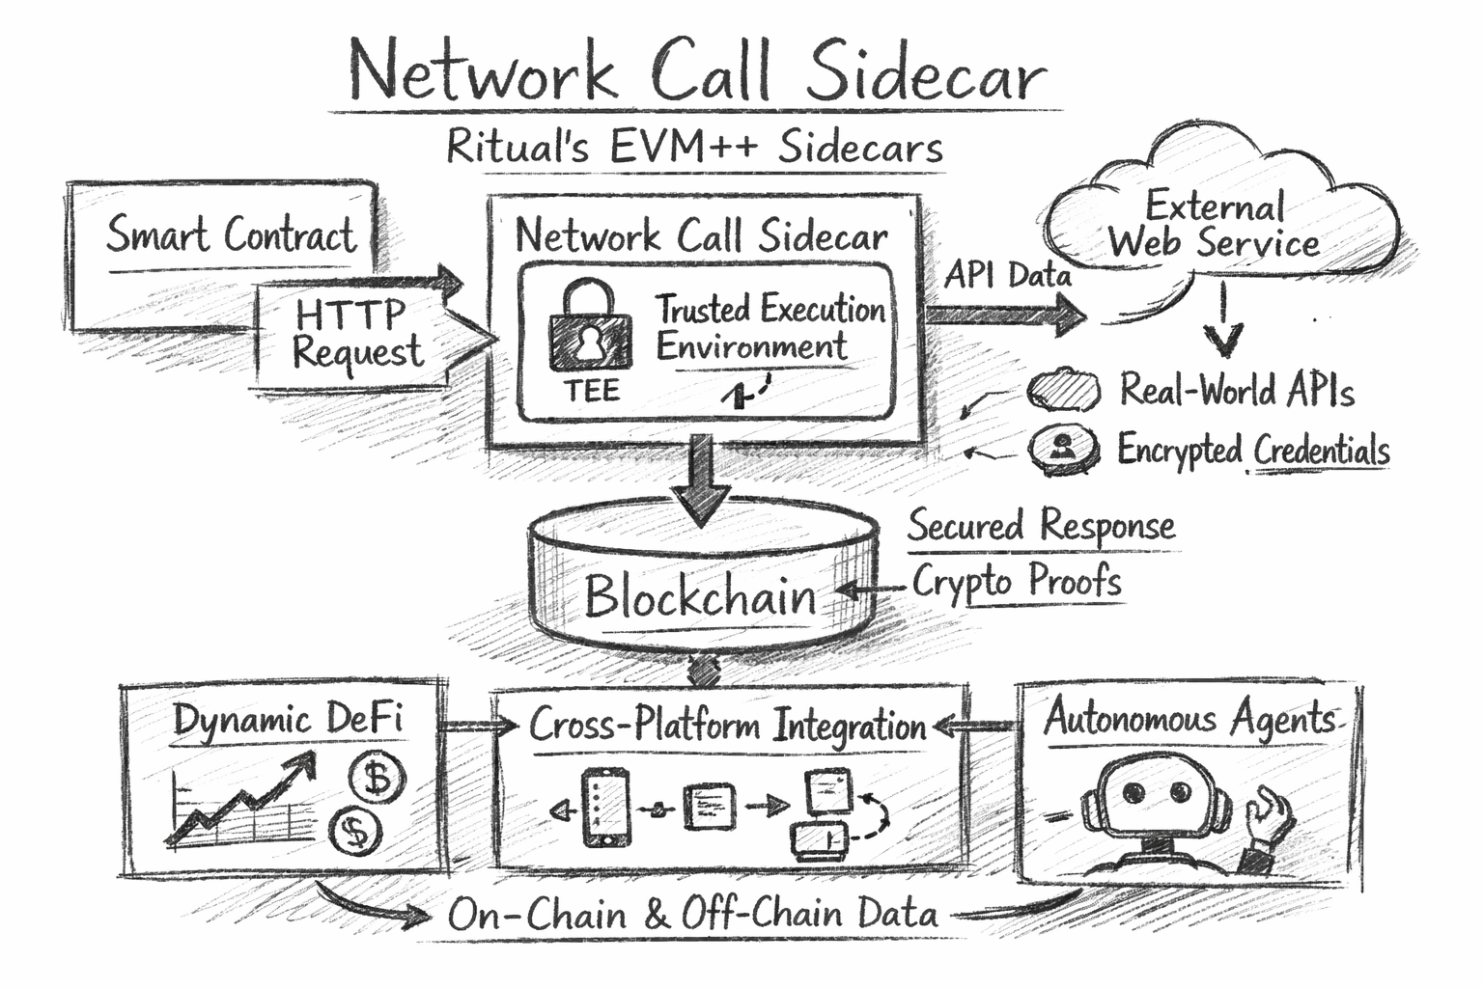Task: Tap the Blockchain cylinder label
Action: tap(700, 595)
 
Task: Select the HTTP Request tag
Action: tap(357, 333)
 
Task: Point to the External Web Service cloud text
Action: tap(1214, 225)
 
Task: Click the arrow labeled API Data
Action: tap(1004, 314)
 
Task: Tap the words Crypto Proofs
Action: tap(1017, 581)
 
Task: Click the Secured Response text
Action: tap(1041, 526)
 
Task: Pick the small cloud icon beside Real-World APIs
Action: tap(1062, 391)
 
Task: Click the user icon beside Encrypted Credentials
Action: tap(1063, 449)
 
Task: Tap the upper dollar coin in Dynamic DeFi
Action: tap(378, 777)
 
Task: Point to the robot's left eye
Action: tap(1133, 792)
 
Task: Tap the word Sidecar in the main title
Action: tap(925, 72)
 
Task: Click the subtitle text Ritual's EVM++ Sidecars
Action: tap(694, 148)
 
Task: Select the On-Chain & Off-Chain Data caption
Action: tap(692, 914)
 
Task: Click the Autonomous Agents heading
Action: tap(1189, 719)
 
